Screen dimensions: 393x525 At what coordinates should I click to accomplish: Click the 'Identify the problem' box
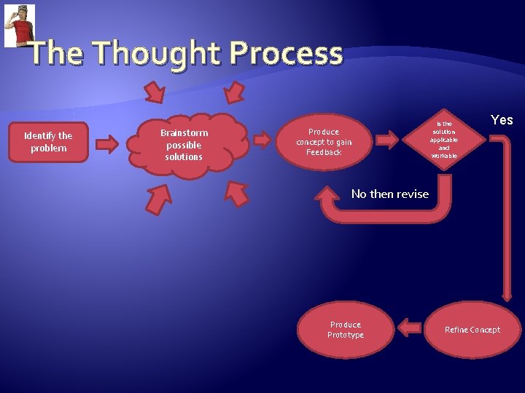pyautogui.click(x=48, y=142)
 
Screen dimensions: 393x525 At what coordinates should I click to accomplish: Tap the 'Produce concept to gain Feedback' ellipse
pyautogui.click(x=324, y=142)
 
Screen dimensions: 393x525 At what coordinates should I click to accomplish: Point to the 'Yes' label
pyautogui.click(x=502, y=120)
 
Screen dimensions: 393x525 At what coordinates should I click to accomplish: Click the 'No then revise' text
pyautogui.click(x=389, y=194)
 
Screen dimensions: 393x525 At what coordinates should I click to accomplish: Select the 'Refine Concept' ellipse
pyautogui.click(x=472, y=330)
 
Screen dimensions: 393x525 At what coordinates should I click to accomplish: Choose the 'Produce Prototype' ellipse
pyautogui.click(x=346, y=330)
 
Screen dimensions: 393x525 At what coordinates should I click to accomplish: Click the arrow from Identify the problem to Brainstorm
pyautogui.click(x=107, y=143)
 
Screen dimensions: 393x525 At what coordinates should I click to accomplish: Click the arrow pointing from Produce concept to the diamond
pyautogui.click(x=389, y=138)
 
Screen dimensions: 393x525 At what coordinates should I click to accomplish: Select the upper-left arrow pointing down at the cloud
pyautogui.click(x=155, y=92)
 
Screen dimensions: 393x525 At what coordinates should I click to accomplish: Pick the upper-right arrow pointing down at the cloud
pyautogui.click(x=235, y=92)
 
